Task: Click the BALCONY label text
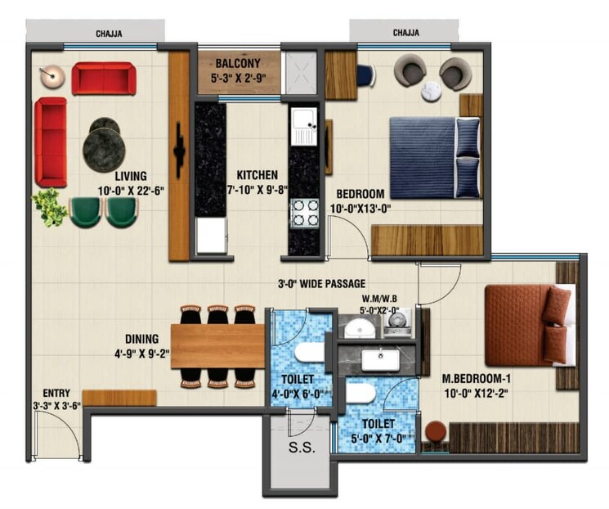pos(238,62)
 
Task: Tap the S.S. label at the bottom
pos(298,448)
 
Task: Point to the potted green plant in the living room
pos(51,207)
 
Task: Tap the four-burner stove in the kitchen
pos(306,213)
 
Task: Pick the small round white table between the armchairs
pos(432,92)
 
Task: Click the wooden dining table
pos(217,345)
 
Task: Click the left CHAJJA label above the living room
pos(109,34)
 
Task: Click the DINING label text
pos(141,337)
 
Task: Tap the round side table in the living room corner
pos(52,76)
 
